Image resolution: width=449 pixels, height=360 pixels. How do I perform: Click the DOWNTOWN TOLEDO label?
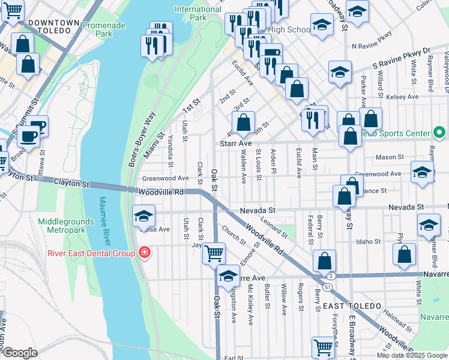[x=54, y=22]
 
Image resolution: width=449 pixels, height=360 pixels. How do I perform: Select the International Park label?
[x=198, y=13]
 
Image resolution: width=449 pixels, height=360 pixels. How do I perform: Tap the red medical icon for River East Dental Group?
[x=144, y=253]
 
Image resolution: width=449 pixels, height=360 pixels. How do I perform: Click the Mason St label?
[x=390, y=157]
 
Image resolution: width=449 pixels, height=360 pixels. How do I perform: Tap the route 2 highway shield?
[x=331, y=275]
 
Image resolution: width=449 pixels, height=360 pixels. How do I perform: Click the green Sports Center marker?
[x=439, y=133]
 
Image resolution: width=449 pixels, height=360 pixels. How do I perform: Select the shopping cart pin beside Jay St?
[x=214, y=253]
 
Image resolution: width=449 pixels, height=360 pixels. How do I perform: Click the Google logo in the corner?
[x=20, y=353]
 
